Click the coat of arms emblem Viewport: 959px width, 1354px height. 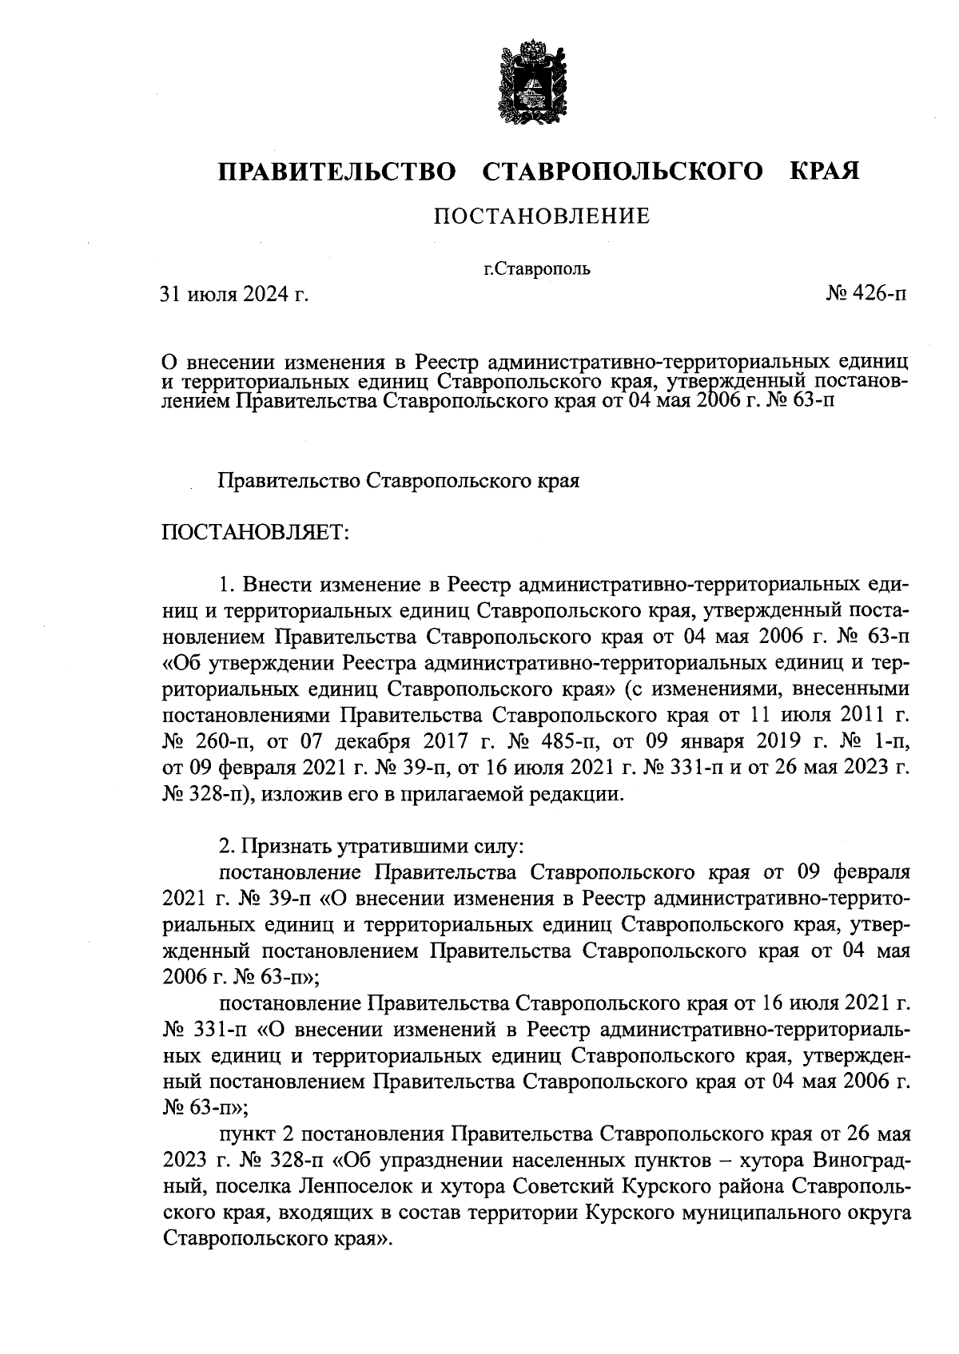(528, 84)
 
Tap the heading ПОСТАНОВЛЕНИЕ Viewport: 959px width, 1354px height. (542, 216)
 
